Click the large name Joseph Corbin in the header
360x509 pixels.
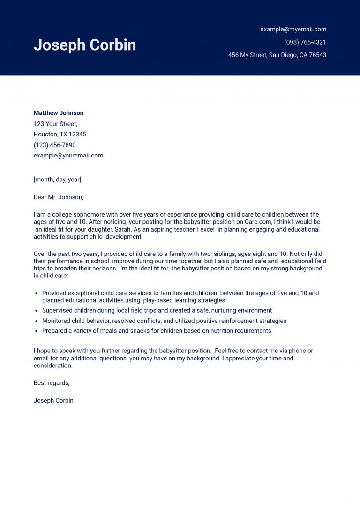(85, 45)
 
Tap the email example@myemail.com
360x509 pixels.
(293, 29)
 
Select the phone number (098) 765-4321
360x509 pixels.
(305, 42)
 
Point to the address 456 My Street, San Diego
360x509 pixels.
(277, 55)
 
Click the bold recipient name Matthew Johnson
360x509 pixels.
(59, 113)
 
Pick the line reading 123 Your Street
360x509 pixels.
(55, 124)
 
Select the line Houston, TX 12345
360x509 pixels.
(60, 135)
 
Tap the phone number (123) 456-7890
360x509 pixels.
(54, 145)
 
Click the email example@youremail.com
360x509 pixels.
(68, 156)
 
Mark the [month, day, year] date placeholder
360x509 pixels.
(57, 180)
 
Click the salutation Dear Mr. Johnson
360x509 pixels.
(58, 197)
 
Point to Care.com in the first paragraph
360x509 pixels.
(265, 222)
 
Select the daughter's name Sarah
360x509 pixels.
(123, 230)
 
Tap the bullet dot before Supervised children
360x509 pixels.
(37, 311)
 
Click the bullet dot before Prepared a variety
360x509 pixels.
(37, 331)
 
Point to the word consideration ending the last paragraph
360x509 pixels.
(52, 366)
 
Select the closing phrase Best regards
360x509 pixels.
(52, 383)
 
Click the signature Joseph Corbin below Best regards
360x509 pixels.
(53, 401)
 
